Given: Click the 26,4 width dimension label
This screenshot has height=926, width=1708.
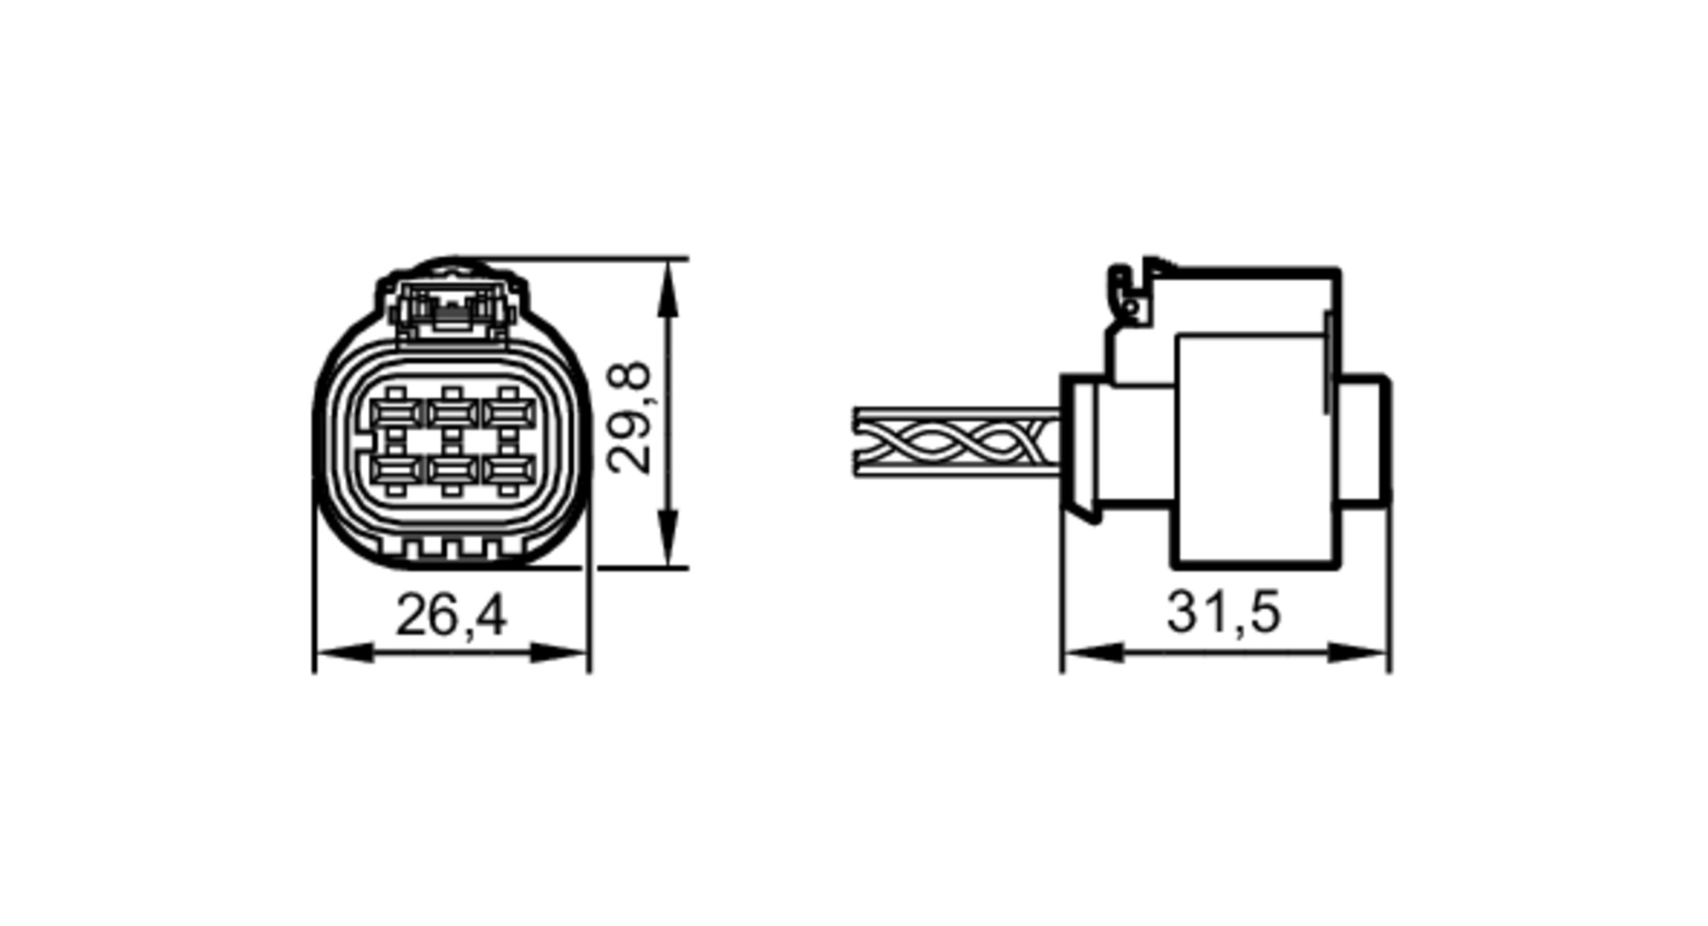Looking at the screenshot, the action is point(451,615).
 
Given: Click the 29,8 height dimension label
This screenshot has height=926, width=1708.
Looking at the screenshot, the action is point(629,418).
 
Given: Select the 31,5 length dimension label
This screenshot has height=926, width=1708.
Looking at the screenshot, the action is point(1224,612).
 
